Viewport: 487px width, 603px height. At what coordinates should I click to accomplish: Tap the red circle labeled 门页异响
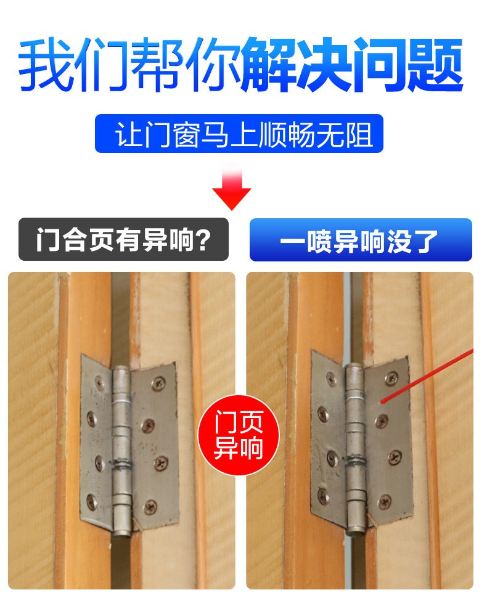[x=239, y=435]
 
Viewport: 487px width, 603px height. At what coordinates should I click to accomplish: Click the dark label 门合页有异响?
[x=123, y=239]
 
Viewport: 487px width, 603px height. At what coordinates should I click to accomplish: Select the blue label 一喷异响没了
[x=361, y=240]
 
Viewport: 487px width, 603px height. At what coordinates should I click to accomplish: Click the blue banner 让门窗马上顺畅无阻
[x=239, y=133]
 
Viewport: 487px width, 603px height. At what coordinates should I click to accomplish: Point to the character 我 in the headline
[x=46, y=64]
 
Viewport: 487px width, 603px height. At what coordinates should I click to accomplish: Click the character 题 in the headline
[x=435, y=64]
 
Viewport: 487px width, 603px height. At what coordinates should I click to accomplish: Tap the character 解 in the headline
[x=268, y=64]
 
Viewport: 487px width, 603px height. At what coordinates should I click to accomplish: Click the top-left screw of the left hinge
[x=99, y=383]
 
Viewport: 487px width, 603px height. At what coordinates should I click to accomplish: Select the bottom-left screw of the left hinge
[x=91, y=500]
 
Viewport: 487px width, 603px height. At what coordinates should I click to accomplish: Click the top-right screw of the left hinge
[x=158, y=382]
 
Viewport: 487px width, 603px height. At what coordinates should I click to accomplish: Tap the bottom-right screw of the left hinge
[x=150, y=507]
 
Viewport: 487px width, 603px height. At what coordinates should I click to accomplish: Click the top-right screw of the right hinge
[x=391, y=378]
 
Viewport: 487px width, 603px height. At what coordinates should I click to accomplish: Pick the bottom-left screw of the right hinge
[x=322, y=496]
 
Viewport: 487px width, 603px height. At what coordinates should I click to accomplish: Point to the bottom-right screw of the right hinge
[x=385, y=501]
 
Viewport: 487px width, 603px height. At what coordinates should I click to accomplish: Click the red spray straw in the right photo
[x=427, y=376]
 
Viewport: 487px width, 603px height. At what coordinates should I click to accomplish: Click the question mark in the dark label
[x=203, y=240]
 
